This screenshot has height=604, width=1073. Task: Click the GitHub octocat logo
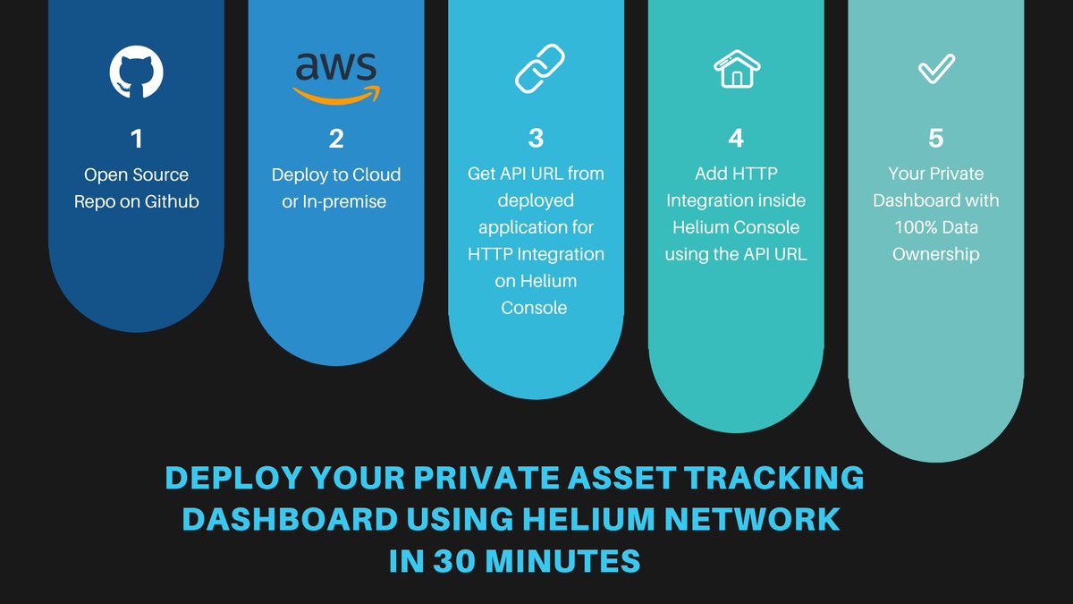tap(136, 72)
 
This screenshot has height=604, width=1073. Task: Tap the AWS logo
tap(335, 76)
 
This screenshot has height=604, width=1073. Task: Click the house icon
tap(736, 69)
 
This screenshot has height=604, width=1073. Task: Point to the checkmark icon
tap(936, 70)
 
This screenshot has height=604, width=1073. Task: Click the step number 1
tap(136, 139)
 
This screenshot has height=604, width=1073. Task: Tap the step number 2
tap(336, 139)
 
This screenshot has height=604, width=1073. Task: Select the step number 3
tap(536, 139)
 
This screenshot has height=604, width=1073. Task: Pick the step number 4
tap(736, 139)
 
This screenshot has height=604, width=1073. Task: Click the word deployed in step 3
tap(536, 200)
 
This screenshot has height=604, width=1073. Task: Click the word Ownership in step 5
tap(936, 254)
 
